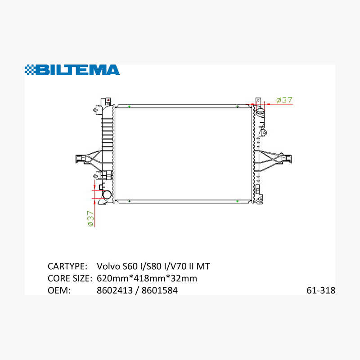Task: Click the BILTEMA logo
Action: pyautogui.click(x=72, y=70)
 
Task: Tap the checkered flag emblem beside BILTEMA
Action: pyautogui.click(x=30, y=70)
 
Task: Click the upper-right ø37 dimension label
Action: pyautogui.click(x=284, y=100)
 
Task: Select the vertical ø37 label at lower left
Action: pyautogui.click(x=91, y=218)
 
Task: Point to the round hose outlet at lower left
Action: pyautogui.click(x=107, y=195)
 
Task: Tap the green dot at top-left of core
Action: pyautogui.click(x=129, y=107)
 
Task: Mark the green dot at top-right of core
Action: pyautogui.click(x=238, y=107)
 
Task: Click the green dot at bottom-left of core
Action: pyautogui.click(x=129, y=201)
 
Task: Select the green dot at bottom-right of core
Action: pyautogui.click(x=238, y=201)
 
